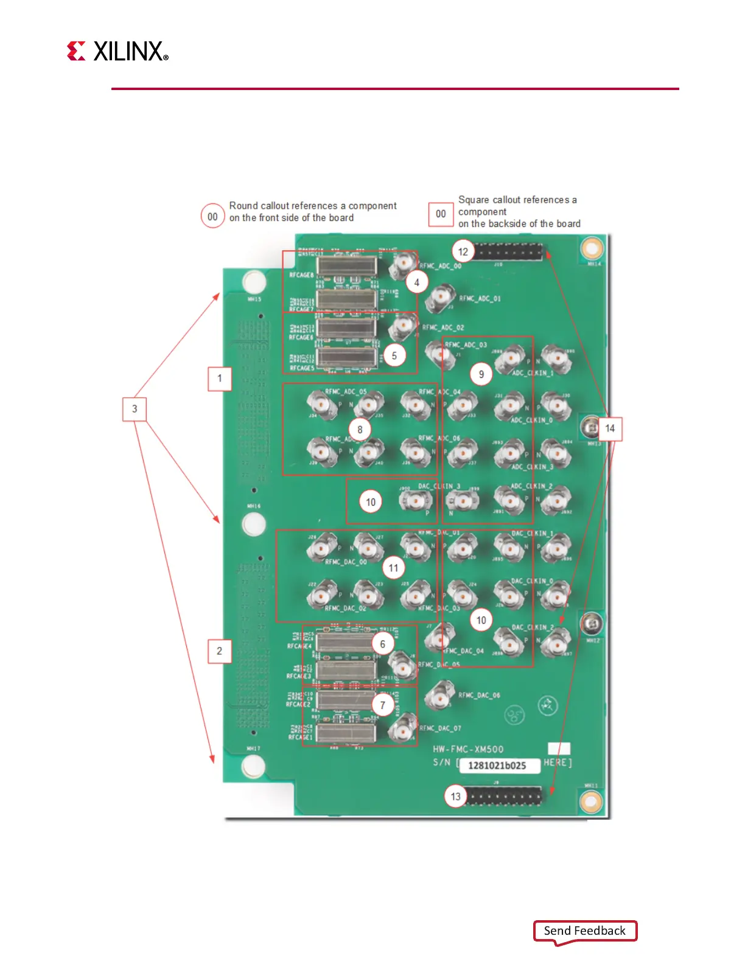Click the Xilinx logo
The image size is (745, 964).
tap(117, 51)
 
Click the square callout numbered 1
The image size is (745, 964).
tap(219, 379)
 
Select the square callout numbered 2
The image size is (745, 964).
tap(219, 651)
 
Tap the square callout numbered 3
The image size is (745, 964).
tap(135, 409)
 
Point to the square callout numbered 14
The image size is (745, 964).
tap(610, 428)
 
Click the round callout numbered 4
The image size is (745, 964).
tap(417, 282)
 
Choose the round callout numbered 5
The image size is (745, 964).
tap(394, 355)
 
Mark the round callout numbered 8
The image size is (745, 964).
tap(360, 430)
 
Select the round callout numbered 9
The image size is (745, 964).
tap(481, 374)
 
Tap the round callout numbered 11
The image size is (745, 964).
tap(394, 568)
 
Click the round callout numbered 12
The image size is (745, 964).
tap(463, 251)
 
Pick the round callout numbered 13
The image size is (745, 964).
tap(456, 796)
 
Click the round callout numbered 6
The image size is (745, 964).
tap(383, 644)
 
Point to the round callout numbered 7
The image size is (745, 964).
tap(383, 705)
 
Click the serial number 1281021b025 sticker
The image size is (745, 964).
tap(498, 766)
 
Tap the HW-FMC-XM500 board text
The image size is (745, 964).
tap(468, 749)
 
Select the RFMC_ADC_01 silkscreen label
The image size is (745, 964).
tap(480, 299)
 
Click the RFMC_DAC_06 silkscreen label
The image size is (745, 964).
tap(479, 695)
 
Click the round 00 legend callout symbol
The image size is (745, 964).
tap(212, 217)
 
